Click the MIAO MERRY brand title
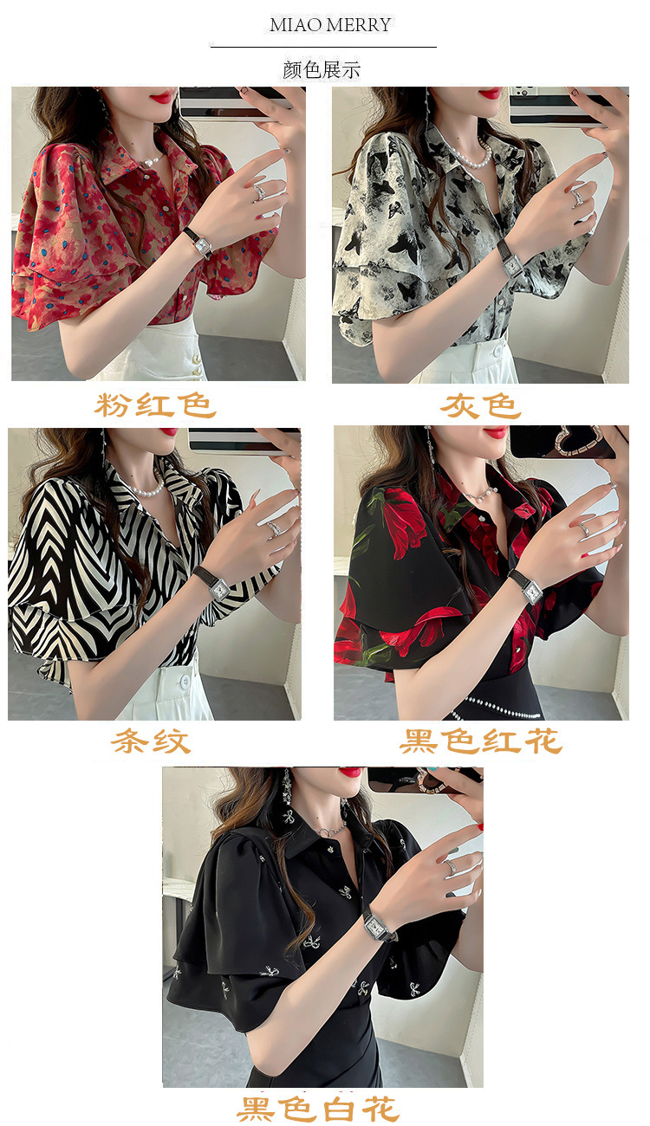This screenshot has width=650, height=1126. coord(330,25)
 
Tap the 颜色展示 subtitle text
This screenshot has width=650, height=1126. coord(322,70)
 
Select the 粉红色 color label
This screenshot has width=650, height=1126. coord(155,404)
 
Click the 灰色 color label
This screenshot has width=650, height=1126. coord(480,404)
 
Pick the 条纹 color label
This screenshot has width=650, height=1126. coord(151,741)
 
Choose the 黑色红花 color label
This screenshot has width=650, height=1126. coord(481,741)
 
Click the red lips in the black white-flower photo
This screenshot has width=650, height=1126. coord(350,772)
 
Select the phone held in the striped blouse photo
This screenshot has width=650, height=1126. coord(234,440)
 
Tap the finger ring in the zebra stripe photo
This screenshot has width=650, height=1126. coord(274,527)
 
